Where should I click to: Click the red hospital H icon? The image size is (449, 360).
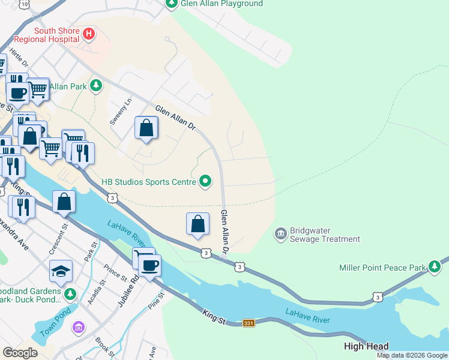point(89,34)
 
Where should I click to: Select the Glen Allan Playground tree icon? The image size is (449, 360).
point(172,4)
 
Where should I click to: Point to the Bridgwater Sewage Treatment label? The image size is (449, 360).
point(325,235)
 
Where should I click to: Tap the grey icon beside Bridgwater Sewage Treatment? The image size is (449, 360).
point(280,233)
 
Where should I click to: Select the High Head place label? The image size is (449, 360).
point(366,346)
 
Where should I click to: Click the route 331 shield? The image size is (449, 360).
point(249,323)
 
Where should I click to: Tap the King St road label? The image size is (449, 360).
point(214,317)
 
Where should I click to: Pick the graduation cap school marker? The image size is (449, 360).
point(61,271)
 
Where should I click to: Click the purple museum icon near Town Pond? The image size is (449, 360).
point(79,327)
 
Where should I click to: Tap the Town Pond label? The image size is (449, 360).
point(56,325)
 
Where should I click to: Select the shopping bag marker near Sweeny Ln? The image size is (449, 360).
point(146,128)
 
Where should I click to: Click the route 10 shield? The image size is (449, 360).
point(23,4)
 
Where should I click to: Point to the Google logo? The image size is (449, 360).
point(20,353)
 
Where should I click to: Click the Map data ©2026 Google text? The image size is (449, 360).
point(412,355)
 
